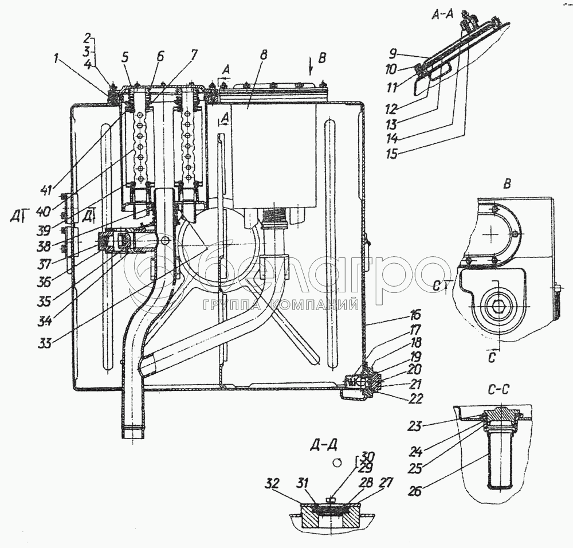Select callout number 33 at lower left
(45, 343)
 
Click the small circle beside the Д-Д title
(337, 461)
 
